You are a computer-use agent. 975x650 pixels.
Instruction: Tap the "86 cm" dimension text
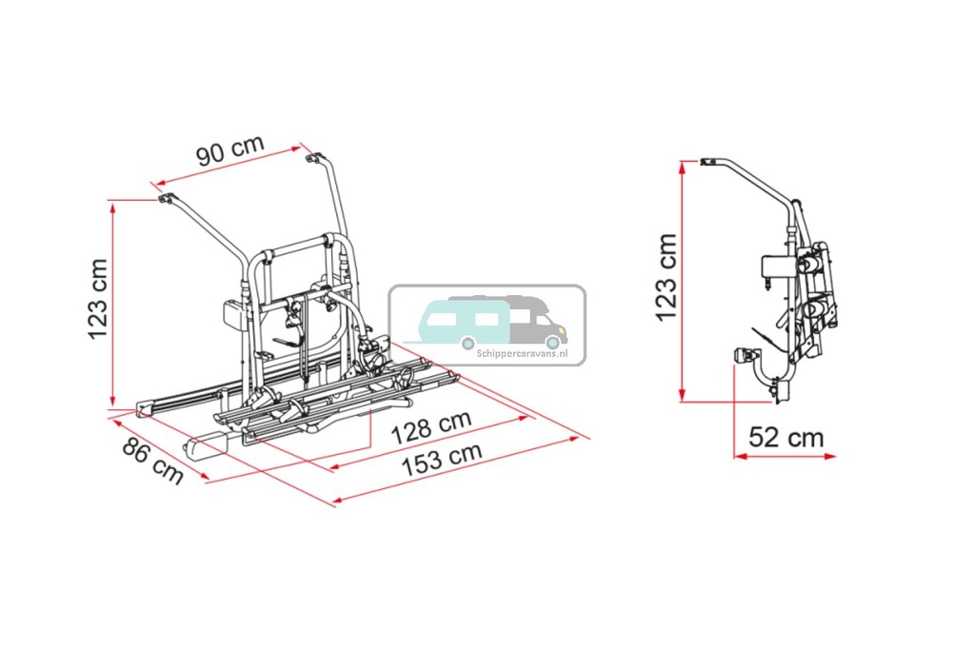(x=151, y=461)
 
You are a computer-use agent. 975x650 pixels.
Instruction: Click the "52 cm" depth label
(x=786, y=437)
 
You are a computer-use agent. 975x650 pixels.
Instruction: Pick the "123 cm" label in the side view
(x=666, y=276)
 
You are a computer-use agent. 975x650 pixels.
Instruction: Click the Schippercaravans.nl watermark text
(x=520, y=351)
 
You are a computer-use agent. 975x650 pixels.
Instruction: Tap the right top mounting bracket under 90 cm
(x=312, y=159)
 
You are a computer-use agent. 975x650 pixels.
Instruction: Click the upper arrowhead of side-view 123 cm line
(x=682, y=166)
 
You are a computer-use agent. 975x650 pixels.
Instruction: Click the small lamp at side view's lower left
(x=742, y=355)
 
